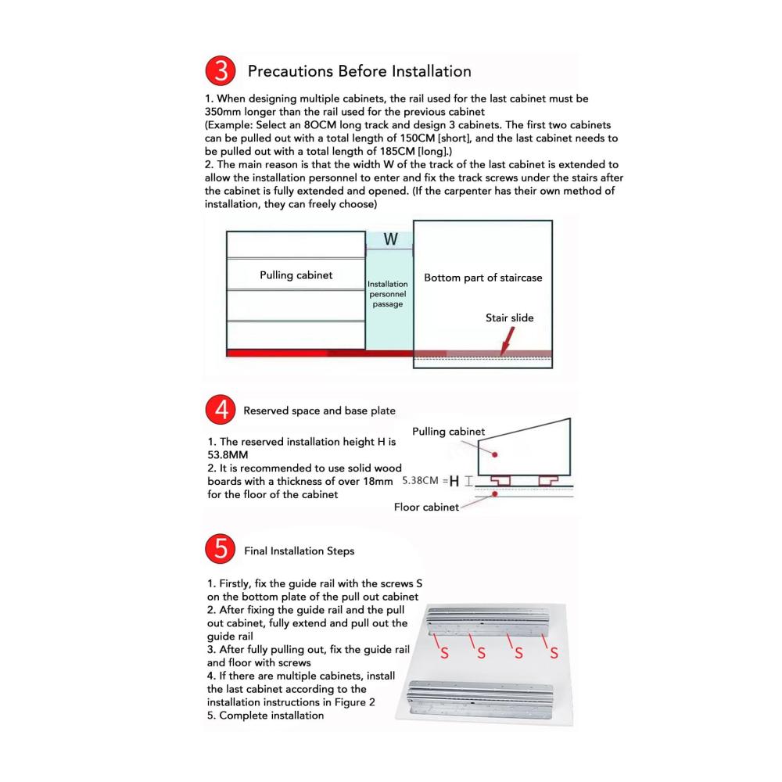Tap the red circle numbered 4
pos(221,411)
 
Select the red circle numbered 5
pos(221,551)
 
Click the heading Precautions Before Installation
pos(359,72)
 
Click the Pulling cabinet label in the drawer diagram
pos(296,275)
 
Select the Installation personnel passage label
pos(388,294)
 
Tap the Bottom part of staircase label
pos(482,278)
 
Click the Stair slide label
pos(510,318)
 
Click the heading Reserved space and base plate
pos(319,411)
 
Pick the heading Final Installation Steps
pos(299,551)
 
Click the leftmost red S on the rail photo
pos(444,654)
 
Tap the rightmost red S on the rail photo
pos(554,654)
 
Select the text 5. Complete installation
pos(265,715)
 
